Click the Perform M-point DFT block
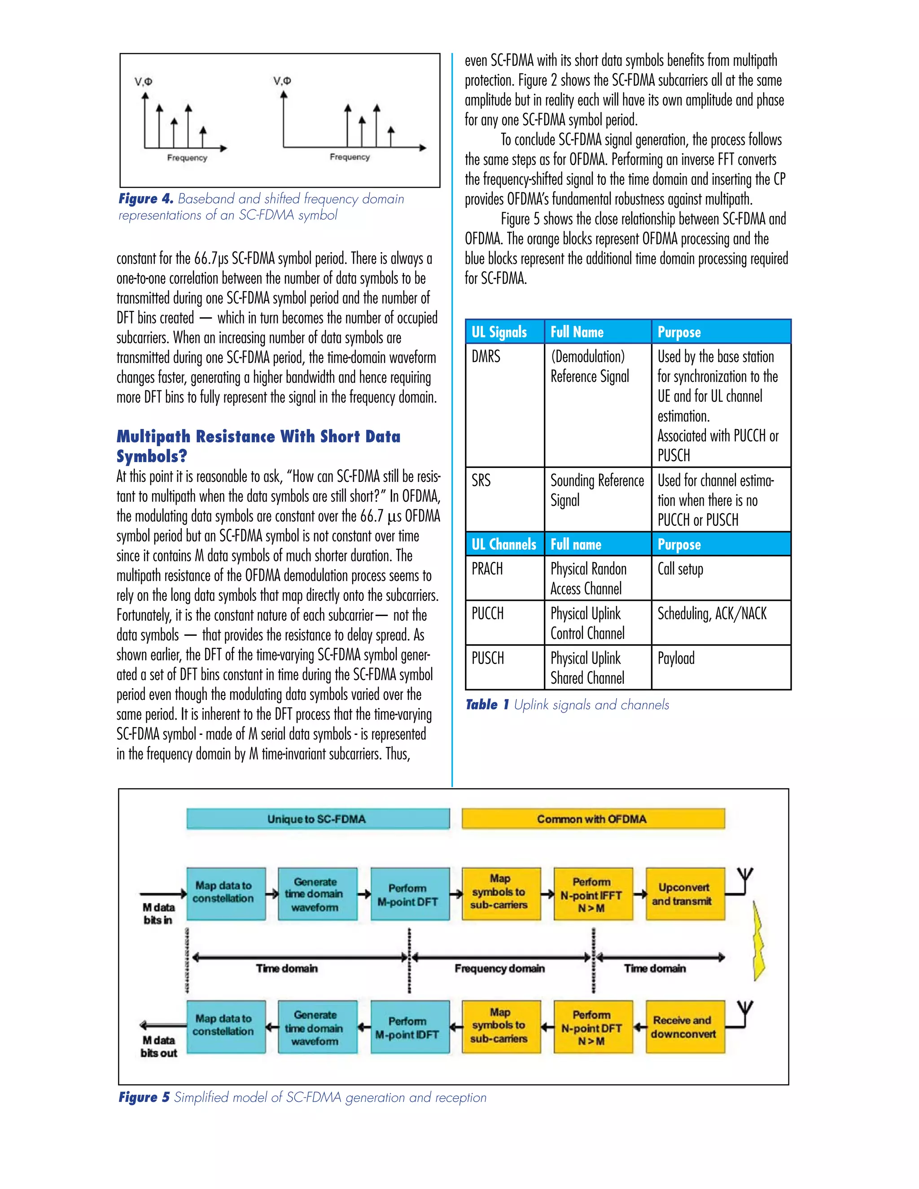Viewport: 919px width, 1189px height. click(410, 895)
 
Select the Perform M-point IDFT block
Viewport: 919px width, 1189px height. click(410, 1027)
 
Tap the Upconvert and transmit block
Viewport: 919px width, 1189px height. click(685, 895)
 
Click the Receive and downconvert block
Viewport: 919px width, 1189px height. click(685, 1027)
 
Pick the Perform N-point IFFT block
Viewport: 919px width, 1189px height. click(593, 895)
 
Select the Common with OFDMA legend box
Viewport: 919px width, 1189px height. click(593, 819)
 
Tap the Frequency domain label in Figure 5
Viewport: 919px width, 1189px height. click(499, 969)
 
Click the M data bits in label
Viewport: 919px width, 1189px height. click(158, 914)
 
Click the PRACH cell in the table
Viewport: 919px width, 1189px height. click(487, 569)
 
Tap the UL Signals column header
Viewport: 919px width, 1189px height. click(500, 332)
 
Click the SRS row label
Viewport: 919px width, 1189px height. click(481, 480)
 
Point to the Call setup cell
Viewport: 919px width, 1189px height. click(681, 569)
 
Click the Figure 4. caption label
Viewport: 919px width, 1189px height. click(146, 199)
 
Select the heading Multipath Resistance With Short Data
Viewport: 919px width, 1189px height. click(258, 437)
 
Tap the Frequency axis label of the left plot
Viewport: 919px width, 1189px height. click(187, 158)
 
